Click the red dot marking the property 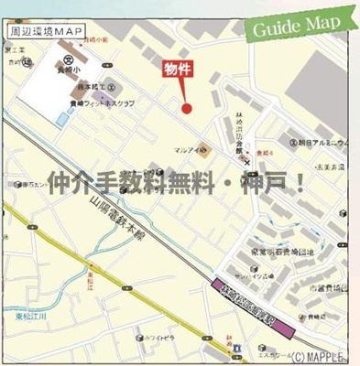[187, 108]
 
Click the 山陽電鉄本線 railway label [125, 213]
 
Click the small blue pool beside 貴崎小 [61, 118]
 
